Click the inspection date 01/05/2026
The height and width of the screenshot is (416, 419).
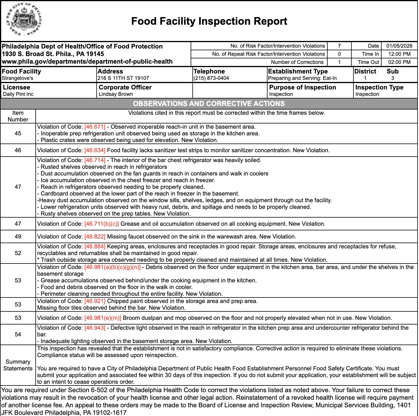[x=399, y=46]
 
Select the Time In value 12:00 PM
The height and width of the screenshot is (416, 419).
[x=399, y=54]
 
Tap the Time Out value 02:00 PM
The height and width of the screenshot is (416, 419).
[x=399, y=62]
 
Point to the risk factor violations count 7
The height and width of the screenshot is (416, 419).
[x=339, y=46]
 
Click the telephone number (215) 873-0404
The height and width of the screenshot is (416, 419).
[x=211, y=78]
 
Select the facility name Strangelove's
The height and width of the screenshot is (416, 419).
[x=17, y=78]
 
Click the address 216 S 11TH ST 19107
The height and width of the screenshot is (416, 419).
[x=123, y=78]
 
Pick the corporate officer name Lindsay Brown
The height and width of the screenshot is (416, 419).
[x=115, y=94]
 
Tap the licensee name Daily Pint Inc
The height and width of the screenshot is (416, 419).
[x=18, y=94]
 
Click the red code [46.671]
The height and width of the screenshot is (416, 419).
[x=95, y=127]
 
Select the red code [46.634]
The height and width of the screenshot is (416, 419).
[x=95, y=150]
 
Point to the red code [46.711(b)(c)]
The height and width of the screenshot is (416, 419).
[x=101, y=224]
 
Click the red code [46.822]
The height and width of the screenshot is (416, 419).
[x=95, y=237]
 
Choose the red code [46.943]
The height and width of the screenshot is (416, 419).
[x=95, y=328]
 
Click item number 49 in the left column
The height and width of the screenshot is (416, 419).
[x=18, y=237]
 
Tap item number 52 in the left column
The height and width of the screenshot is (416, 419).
[x=18, y=253]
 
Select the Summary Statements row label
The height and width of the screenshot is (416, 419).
[x=18, y=365]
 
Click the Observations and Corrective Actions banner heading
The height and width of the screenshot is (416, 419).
[x=209, y=104]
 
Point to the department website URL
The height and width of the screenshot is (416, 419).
[x=87, y=62]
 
